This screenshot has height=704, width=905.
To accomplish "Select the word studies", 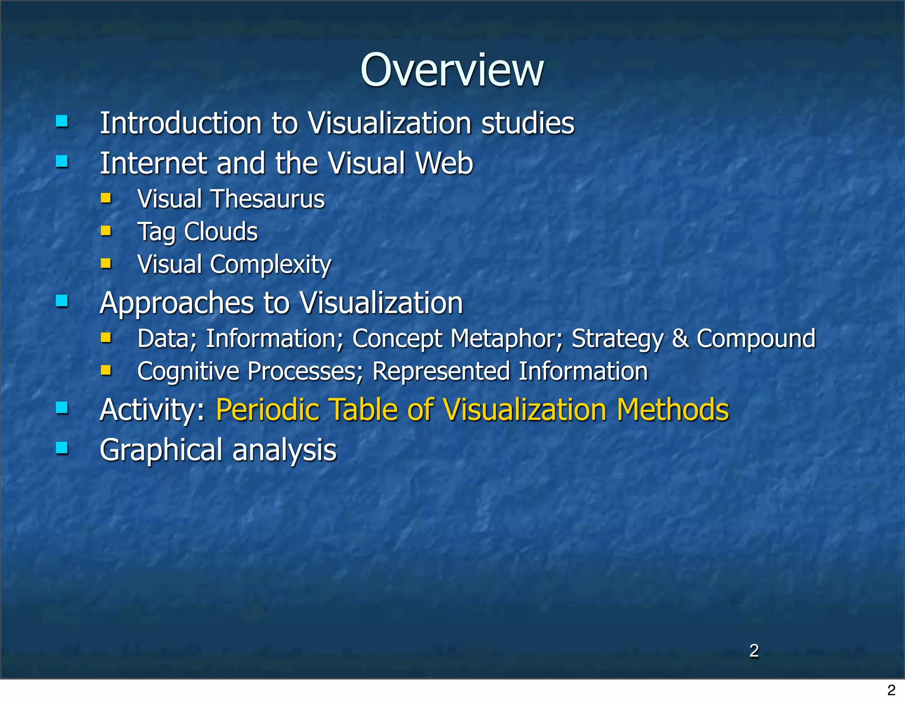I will (x=528, y=123).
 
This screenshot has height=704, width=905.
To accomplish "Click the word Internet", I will (x=153, y=163).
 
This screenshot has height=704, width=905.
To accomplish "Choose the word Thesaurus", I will (x=268, y=199).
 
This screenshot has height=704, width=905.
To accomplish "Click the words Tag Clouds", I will (x=198, y=232).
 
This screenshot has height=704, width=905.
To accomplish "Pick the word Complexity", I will (x=270, y=265).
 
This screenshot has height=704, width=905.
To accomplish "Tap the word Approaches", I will (x=177, y=304).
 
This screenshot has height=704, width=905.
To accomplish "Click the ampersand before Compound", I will (x=680, y=339).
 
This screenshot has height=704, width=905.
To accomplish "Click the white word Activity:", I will (x=152, y=410).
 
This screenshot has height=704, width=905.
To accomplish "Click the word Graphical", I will (x=161, y=451).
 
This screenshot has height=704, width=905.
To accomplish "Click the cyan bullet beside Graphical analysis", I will (x=62, y=448).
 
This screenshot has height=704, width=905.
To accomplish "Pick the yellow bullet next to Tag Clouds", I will (x=106, y=231).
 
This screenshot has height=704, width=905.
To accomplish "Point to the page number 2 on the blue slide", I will (x=754, y=651).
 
